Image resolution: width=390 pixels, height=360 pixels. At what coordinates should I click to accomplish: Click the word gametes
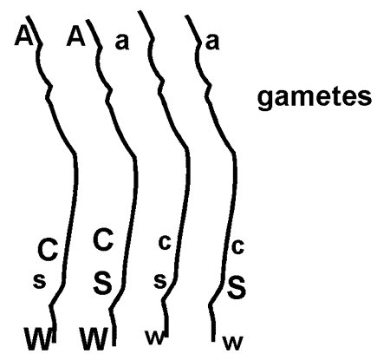315,98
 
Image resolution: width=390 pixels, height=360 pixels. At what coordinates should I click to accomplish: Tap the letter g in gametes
266,100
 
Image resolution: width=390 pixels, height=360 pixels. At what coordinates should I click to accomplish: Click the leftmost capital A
24,36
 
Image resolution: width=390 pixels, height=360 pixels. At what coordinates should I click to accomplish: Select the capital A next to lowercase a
76,36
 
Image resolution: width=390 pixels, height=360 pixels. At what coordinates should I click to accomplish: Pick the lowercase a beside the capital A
122,43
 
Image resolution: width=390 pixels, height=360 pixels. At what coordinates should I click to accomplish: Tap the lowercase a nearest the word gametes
212,42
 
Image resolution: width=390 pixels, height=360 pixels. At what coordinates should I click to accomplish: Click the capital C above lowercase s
48,250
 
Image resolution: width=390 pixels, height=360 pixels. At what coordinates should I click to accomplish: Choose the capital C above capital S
103,239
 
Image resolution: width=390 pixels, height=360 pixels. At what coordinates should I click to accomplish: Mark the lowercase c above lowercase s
165,243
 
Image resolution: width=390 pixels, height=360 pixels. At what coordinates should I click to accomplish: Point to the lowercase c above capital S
238,247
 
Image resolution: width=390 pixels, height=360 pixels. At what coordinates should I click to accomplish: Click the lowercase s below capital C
39,281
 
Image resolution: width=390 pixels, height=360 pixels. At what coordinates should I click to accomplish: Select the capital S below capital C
103,283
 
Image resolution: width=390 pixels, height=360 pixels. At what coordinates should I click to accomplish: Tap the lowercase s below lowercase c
160,281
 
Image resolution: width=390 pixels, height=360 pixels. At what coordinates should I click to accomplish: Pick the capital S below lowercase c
237,287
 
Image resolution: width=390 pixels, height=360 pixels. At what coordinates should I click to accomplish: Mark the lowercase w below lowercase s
155,337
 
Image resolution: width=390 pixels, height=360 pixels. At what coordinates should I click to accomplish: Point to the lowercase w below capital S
232,344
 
